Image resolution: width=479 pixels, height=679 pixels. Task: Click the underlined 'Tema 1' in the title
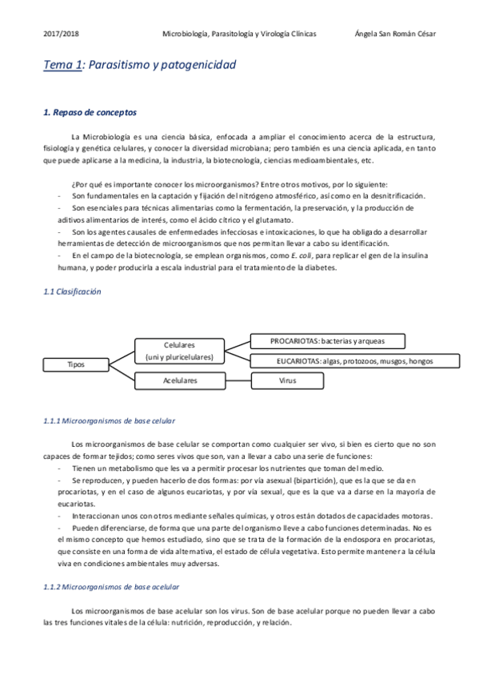pos(62,66)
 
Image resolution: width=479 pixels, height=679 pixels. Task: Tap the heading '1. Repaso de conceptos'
pos(90,113)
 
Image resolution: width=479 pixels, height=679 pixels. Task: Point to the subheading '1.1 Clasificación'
pos(72,293)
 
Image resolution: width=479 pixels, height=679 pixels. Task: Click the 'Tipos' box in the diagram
pos(77,364)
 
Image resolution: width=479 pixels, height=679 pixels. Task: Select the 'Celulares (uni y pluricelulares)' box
pos(179,350)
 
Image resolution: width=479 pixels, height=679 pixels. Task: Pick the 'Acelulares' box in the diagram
pos(179,381)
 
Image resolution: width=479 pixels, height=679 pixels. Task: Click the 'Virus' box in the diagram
pos(288,381)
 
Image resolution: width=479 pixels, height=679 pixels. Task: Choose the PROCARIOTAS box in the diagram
pos(327,341)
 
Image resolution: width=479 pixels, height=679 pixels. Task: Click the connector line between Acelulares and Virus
pos(238,381)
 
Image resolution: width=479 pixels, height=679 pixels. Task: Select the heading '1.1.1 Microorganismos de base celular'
pos(109,420)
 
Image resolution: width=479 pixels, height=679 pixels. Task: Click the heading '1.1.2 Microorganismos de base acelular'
pos(110,587)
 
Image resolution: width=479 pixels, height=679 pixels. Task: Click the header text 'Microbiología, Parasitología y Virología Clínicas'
pos(239,34)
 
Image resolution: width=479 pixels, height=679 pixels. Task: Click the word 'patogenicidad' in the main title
pos(198,66)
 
